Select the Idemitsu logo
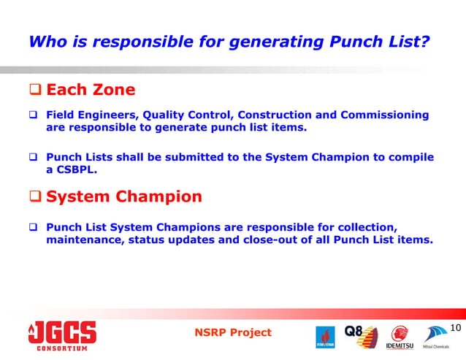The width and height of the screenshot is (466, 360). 400,337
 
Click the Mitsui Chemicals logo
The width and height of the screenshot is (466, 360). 438,337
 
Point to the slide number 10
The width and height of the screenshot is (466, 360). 456,328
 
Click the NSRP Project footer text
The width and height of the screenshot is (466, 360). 233,332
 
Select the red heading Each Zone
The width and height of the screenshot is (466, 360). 91,90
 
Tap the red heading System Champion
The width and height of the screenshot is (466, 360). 124,196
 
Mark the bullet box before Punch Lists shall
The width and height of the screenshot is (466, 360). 34,158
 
